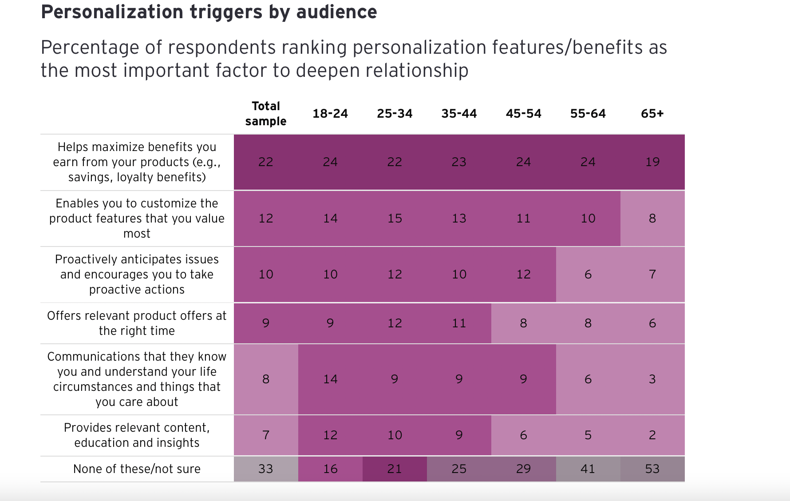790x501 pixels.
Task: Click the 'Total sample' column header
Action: [x=265, y=114]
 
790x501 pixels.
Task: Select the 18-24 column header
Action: [x=330, y=114]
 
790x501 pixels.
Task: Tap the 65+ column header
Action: [x=652, y=114]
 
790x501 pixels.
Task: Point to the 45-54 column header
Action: [x=523, y=114]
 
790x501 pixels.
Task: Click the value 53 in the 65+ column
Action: [x=652, y=469]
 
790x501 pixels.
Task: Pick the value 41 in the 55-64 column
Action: [x=588, y=469]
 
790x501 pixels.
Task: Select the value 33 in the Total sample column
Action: [x=265, y=469]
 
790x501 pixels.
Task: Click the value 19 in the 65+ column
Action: [x=652, y=162]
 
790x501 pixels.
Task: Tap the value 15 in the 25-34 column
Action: [x=395, y=219]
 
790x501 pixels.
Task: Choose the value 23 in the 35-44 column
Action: [x=459, y=162]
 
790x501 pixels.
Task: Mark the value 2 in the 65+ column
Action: [x=652, y=435]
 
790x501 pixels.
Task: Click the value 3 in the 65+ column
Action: [x=652, y=379]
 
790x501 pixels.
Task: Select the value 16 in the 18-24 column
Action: [x=330, y=469]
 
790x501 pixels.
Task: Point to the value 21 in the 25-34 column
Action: [x=395, y=469]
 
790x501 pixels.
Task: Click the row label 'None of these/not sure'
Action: [x=137, y=469]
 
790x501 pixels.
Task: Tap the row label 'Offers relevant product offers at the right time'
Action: [x=137, y=323]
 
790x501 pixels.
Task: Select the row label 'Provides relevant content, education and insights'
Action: [x=137, y=435]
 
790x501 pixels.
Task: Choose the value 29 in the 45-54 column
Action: [x=523, y=469]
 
